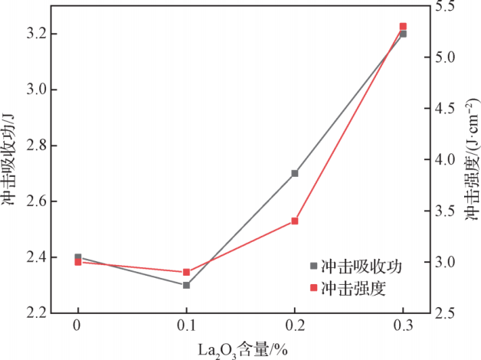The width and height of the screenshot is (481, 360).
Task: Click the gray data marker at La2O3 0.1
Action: coord(186,285)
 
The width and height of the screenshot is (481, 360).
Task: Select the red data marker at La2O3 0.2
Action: coord(295,221)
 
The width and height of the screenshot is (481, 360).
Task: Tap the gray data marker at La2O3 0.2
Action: coord(295,173)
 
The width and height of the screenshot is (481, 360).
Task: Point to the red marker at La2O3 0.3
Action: coord(403,27)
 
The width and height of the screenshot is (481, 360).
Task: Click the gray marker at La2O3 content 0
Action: coord(78,257)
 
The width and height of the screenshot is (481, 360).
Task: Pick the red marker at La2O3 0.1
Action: coord(186,272)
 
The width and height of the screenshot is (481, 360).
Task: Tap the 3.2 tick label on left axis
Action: coord(37,34)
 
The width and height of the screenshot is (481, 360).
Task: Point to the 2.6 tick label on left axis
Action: coord(37,201)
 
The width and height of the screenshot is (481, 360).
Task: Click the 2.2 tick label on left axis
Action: coord(37,313)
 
